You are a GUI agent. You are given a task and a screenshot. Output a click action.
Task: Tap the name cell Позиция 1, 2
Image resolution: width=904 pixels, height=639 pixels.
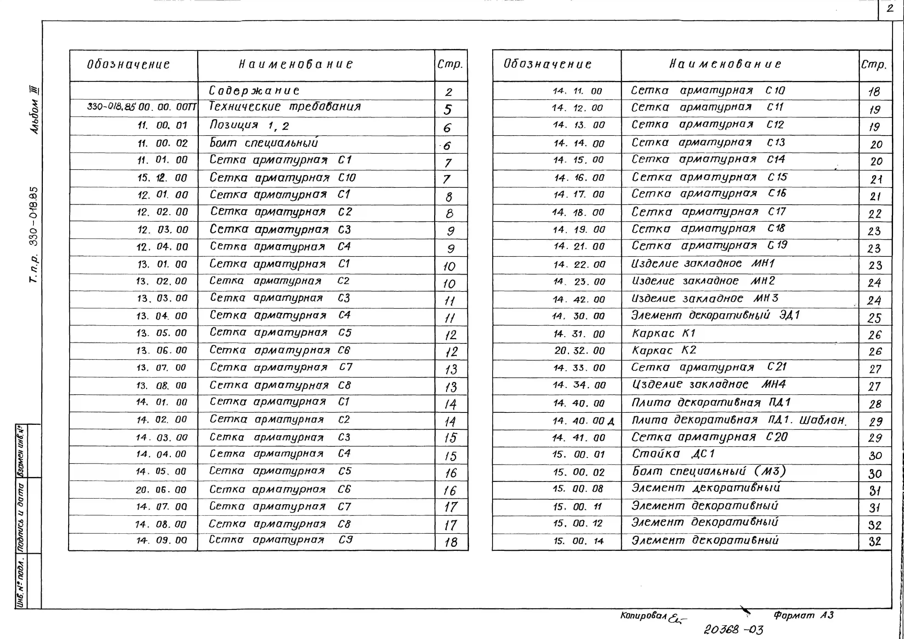[x=249, y=126]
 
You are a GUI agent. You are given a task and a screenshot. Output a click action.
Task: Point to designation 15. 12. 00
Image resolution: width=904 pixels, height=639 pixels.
[x=162, y=178]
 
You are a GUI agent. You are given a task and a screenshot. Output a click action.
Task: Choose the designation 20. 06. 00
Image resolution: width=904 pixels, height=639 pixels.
[x=161, y=490]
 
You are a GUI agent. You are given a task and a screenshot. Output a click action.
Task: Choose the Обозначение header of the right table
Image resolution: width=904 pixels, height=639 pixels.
[x=547, y=64]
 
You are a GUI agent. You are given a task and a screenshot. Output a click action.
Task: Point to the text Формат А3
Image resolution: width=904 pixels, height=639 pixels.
[x=803, y=615]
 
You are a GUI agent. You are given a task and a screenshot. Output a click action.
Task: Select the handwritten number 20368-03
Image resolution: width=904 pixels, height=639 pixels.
[x=733, y=630]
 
